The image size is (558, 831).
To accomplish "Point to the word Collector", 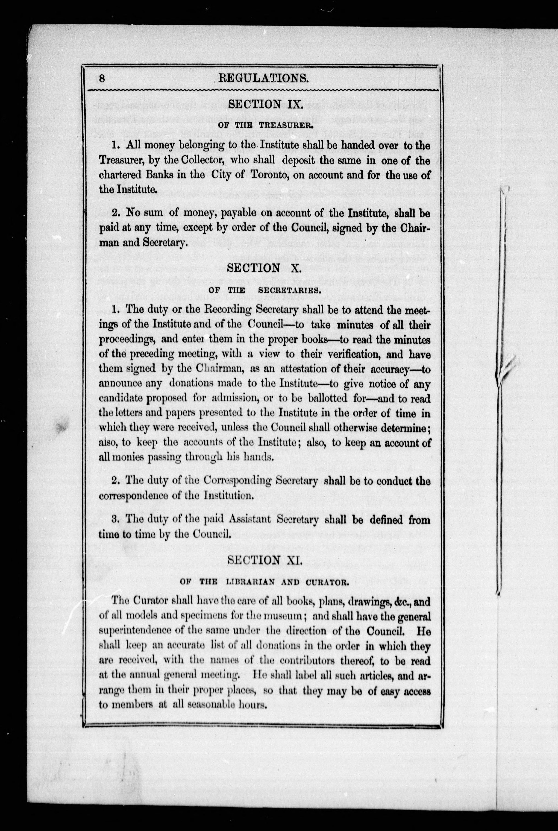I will coord(202,161).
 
